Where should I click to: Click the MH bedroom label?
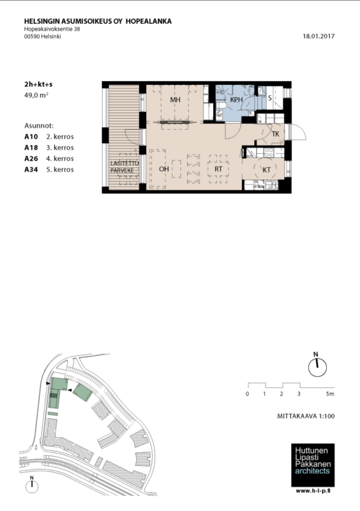pos(175,100)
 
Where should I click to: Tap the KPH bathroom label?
pos(236,100)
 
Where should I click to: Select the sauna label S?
pos(270,98)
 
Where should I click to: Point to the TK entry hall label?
pos(276,134)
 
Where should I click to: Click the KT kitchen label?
pos(267,170)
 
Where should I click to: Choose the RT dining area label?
pos(218,169)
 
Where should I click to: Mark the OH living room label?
pos(164,169)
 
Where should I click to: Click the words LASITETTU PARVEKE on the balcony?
pos(124,167)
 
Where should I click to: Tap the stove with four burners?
pos(269,152)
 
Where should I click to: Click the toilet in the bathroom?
pos(221,107)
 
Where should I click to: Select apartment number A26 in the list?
pos(31,158)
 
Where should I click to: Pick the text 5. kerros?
pos(60,169)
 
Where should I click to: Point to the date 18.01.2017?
pos(319,36)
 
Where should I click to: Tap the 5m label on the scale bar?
pos(330,393)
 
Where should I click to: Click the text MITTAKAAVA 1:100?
pos(306,416)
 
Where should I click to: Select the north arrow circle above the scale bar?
pos(317,368)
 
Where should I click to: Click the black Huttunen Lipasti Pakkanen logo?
pos(313,465)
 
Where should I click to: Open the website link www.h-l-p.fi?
pos(313,491)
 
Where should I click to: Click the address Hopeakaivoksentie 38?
pos(52,29)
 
